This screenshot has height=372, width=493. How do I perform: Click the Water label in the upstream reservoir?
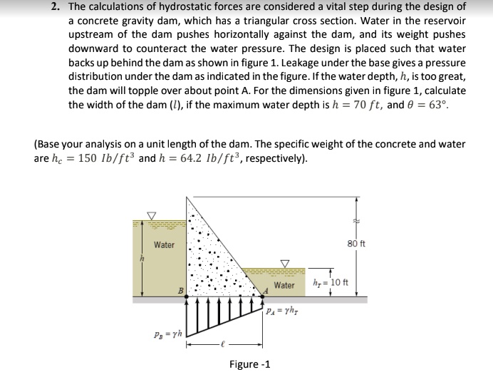(x=164, y=245)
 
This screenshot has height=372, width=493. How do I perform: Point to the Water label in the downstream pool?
(x=284, y=285)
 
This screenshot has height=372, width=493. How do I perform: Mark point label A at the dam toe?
(x=266, y=290)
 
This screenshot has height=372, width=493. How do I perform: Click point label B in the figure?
(x=181, y=290)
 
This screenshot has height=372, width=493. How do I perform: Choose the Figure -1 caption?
(x=249, y=364)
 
